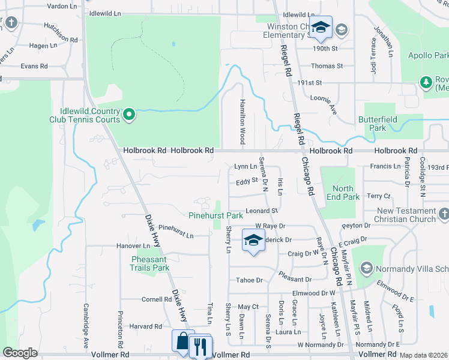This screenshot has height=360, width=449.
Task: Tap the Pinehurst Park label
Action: point(215,215)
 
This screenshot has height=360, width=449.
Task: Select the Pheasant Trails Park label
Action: point(150,263)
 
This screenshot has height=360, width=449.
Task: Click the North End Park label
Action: point(342,193)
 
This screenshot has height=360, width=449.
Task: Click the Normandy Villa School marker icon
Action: point(366,268)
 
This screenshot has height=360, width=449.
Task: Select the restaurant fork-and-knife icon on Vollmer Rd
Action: point(200,346)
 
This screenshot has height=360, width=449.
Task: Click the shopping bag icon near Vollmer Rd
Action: point(182,341)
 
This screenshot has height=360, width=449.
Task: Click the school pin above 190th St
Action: point(321,27)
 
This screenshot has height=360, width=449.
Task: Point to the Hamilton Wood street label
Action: point(243,121)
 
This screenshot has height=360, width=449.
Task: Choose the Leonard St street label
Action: point(262,211)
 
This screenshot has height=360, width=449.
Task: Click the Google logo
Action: point(20,353)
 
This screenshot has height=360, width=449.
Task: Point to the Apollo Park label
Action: point(429,55)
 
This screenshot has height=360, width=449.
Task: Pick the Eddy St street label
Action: point(246,181)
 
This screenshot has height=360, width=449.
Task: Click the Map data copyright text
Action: point(423,355)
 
